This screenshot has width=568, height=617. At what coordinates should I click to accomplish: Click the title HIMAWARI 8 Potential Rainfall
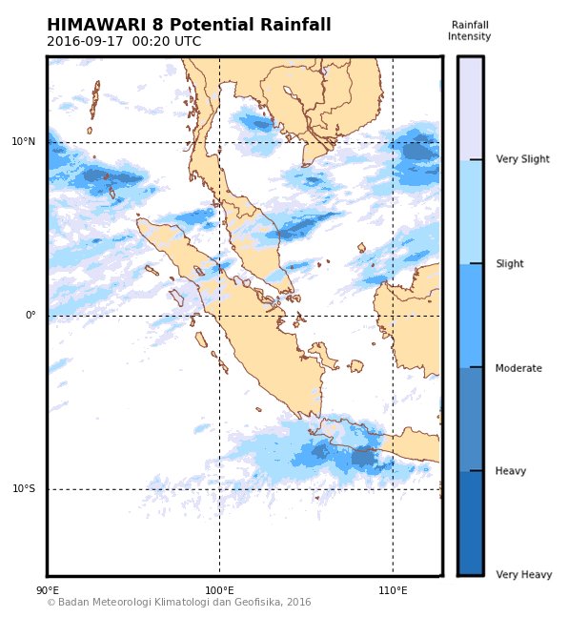[189, 25]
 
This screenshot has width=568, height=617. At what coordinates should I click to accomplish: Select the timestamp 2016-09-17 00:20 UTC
[124, 42]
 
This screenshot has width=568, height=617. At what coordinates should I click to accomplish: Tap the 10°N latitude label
[24, 142]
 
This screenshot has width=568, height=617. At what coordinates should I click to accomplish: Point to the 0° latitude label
[30, 316]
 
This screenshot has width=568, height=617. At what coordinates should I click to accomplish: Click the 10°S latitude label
[24, 489]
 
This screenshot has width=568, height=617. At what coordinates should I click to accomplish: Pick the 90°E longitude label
[47, 591]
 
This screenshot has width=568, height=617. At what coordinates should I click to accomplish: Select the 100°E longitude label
[219, 591]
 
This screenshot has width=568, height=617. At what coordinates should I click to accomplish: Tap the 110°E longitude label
[393, 591]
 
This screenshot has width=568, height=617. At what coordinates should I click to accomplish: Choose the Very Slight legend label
[522, 159]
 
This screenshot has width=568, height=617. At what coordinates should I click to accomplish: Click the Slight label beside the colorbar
[509, 264]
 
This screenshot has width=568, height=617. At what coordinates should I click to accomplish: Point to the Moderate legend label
[518, 368]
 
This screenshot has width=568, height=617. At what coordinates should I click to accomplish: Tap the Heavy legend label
[511, 471]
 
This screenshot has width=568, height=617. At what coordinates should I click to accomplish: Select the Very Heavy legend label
[523, 575]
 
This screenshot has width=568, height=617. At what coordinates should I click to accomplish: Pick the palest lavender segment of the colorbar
[470, 107]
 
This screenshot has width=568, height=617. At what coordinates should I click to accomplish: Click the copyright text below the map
[179, 603]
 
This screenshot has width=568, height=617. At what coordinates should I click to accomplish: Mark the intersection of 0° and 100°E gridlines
[219, 316]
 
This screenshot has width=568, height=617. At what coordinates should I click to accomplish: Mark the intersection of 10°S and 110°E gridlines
[393, 489]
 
